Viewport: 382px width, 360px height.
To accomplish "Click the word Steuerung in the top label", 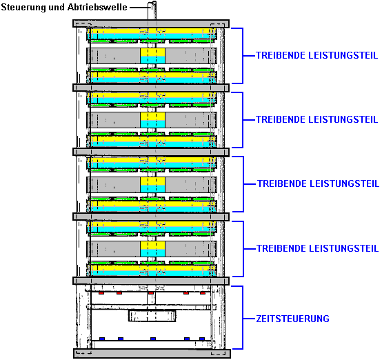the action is coord(23,8).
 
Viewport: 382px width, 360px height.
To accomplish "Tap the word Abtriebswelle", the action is coord(97,7).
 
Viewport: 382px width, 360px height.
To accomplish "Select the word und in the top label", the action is coord(57,7).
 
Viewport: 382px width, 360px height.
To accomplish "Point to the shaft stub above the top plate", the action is coord(152,10).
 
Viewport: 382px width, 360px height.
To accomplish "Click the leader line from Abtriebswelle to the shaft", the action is coord(139,8).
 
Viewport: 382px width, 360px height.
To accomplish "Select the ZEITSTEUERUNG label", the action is coord(292,319).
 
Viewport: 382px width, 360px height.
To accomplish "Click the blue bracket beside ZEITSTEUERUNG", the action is coord(243,318).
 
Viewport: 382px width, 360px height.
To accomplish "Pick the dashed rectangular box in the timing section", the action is coord(152,316).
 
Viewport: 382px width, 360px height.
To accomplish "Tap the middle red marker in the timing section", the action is coord(151,293).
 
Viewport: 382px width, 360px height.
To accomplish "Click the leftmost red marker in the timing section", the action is coord(101,293).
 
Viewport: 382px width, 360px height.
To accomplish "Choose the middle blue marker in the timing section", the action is coord(153,339).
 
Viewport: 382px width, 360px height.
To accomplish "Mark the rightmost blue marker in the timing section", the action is coord(202,339).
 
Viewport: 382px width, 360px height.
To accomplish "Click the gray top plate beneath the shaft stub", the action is coord(151,23).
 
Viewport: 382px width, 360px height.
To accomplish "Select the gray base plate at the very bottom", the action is coord(152,353).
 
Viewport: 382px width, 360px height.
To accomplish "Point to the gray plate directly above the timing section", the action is coord(151,281).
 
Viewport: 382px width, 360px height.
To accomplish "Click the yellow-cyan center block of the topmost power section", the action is coord(153,56).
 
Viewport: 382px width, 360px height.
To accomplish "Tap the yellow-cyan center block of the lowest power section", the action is coord(153,249).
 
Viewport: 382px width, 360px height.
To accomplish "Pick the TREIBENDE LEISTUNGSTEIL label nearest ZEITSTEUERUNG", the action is coord(317,248).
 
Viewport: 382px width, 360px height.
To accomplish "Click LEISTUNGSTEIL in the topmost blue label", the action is coord(343,55).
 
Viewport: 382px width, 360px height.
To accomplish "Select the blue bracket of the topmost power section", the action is coord(243,56).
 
